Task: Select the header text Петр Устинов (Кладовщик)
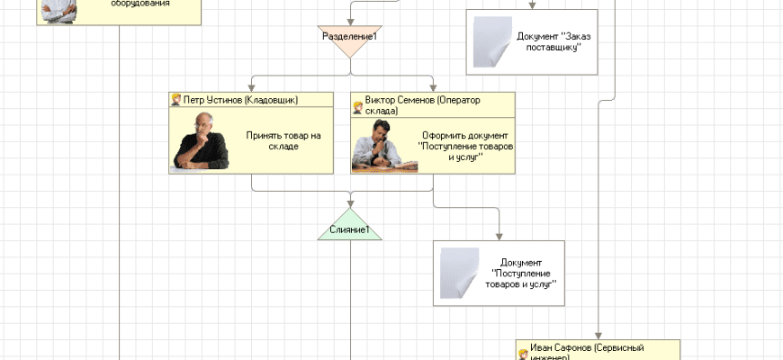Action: pyautogui.click(x=240, y=100)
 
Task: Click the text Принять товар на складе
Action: pyautogui.click(x=283, y=140)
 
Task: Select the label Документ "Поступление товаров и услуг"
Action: pyautogui.click(x=525, y=273)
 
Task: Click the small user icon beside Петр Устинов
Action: pyautogui.click(x=176, y=100)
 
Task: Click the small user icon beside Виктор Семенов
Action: pyautogui.click(x=357, y=106)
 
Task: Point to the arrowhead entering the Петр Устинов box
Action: pyautogui.click(x=252, y=87)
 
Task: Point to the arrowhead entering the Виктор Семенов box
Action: pyautogui.click(x=433, y=87)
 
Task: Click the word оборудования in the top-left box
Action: pyautogui.click(x=139, y=4)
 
